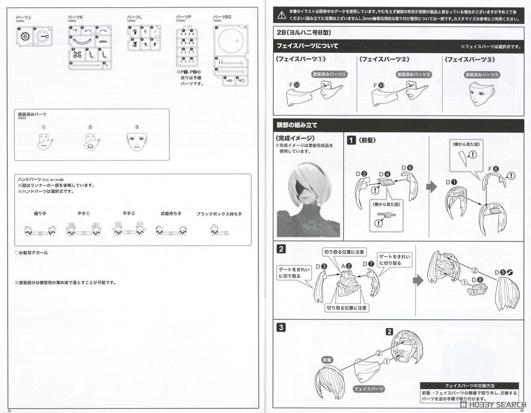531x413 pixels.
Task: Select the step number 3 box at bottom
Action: coord(281,328)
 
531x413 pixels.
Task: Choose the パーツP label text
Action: coord(183,16)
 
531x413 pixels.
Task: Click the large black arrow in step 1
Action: coord(431,187)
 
